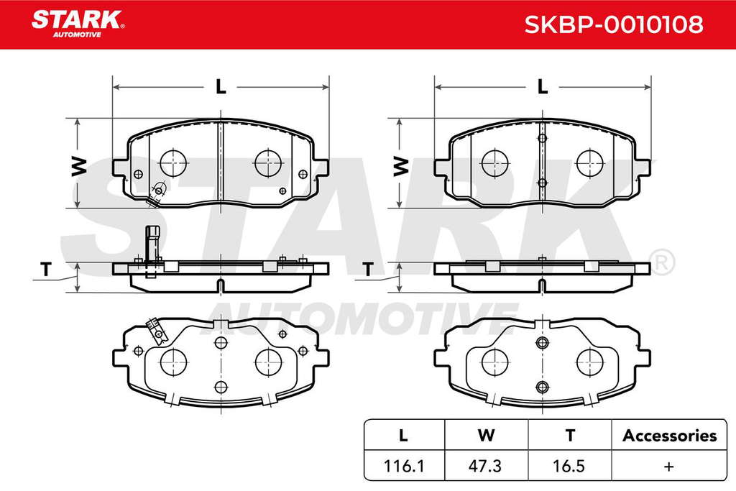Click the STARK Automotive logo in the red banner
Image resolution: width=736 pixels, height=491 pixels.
click(x=78, y=24)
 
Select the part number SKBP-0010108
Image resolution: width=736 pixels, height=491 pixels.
click(x=614, y=24)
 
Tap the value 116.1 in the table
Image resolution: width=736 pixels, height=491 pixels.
click(x=404, y=466)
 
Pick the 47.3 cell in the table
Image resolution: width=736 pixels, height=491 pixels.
click(x=485, y=466)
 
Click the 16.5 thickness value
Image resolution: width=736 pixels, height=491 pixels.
click(x=569, y=466)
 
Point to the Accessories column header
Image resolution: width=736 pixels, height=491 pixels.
click(x=669, y=436)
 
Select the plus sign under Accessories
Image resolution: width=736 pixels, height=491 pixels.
click(x=669, y=466)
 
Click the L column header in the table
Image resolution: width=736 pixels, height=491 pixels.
click(x=403, y=436)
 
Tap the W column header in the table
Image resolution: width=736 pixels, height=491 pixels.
click(x=486, y=436)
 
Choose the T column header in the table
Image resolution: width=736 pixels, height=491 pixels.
click(x=570, y=436)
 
